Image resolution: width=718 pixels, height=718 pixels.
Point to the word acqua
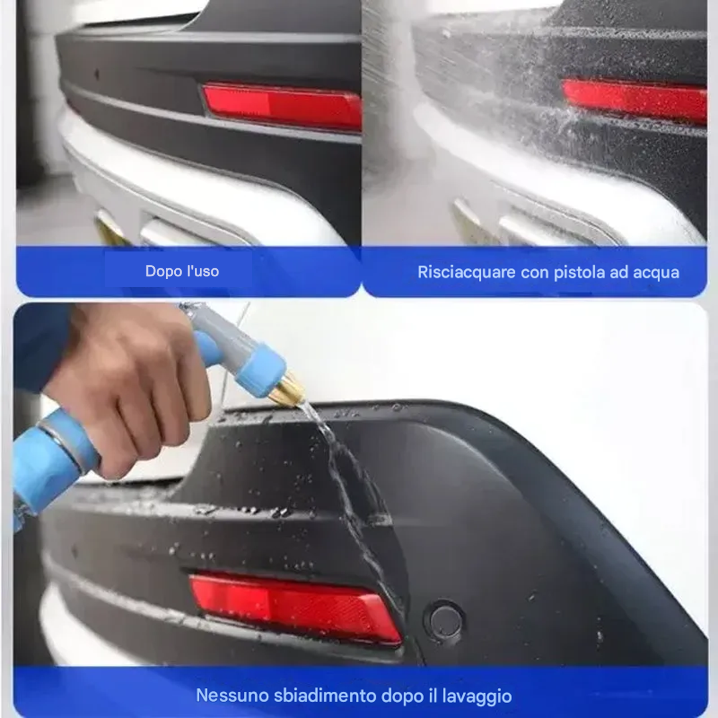pyautogui.click(x=656, y=272)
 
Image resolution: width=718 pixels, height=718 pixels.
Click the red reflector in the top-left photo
pyautogui.click(x=279, y=106)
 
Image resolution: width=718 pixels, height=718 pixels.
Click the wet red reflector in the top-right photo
pyautogui.click(x=634, y=100)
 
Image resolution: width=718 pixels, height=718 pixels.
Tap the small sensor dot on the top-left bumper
pyautogui.click(x=97, y=74)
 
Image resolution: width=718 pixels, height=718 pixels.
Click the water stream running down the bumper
pyautogui.click(x=351, y=499)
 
